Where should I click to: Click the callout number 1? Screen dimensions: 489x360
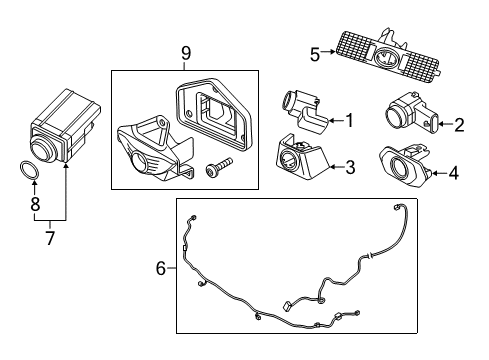[350, 120]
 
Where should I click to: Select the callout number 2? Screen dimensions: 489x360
[459, 125]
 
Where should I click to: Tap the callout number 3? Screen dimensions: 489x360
[350, 167]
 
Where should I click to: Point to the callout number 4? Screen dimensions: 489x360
[454, 173]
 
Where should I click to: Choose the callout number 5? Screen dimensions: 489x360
[315, 55]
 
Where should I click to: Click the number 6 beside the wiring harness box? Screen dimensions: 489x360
[161, 268]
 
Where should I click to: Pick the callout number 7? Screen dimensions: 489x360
[50, 238]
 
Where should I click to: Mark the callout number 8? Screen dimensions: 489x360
[35, 204]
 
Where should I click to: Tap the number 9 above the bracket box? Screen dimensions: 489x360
[186, 53]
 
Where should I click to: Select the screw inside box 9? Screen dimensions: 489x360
[218, 168]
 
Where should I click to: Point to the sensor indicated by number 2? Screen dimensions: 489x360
[412, 113]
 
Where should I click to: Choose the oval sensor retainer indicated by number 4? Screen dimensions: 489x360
[406, 165]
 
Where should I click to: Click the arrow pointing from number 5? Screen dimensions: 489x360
[328, 52]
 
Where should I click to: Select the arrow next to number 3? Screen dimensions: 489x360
[337, 166]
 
